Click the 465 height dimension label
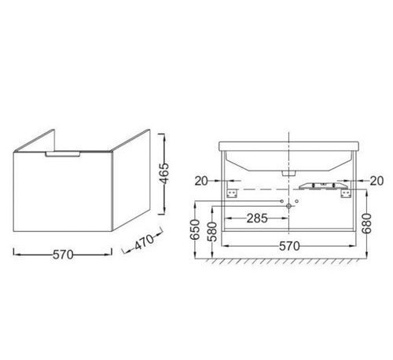click(x=164, y=173)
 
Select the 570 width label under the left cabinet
click(x=63, y=254)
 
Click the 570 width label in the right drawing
click(x=289, y=246)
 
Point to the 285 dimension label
click(x=257, y=218)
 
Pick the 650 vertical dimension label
click(x=194, y=230)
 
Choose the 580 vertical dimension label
click(x=212, y=231)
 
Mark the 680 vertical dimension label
click(x=367, y=223)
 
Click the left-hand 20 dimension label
click(x=201, y=181)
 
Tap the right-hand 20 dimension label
click(x=376, y=181)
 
